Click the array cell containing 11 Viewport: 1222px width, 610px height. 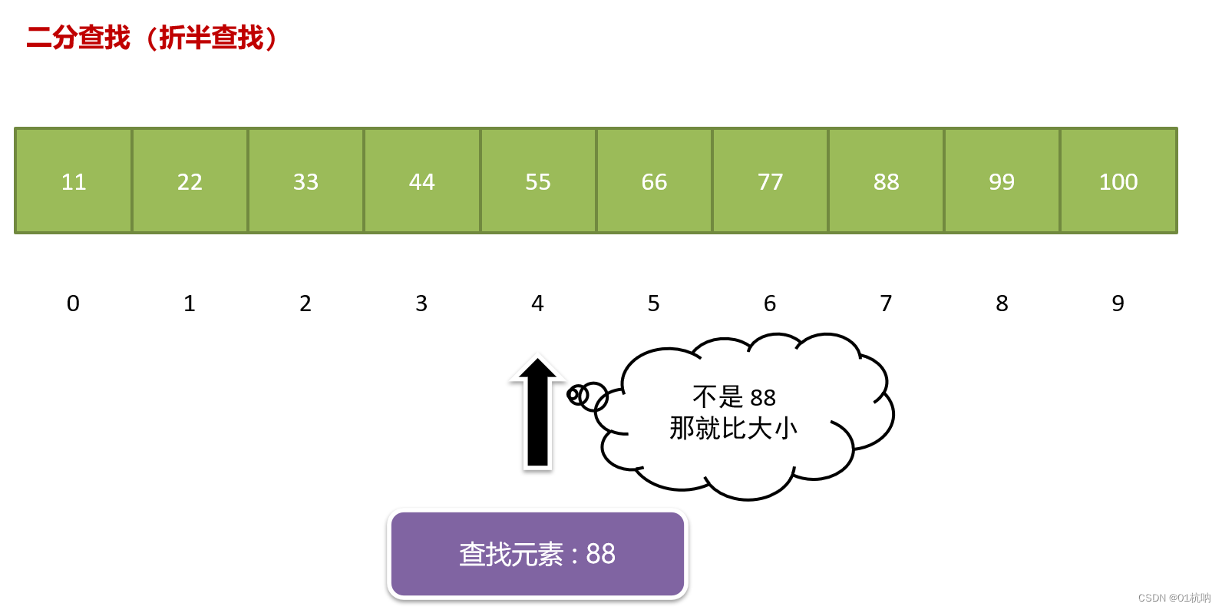coord(74,181)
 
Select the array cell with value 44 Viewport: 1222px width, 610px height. coord(421,181)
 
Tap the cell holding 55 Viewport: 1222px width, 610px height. coord(538,181)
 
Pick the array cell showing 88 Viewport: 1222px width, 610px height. coord(886,181)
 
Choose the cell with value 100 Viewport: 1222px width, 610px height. coord(1118,181)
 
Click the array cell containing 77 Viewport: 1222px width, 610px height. coord(770,181)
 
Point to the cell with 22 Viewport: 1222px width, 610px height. coord(190,181)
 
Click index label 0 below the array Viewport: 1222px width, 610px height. coord(73,303)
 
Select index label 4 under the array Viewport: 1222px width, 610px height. coord(537,303)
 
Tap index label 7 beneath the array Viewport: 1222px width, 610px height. coord(886,303)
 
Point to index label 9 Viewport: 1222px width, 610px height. coord(1118,303)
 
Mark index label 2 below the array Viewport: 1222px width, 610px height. coord(305,303)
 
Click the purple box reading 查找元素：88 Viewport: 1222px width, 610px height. coord(537,554)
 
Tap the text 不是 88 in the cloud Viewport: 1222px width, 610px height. coord(734,397)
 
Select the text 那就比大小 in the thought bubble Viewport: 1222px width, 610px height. coord(733,428)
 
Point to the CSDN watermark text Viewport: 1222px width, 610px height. coord(1174,598)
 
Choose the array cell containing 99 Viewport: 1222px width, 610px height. coord(1002,181)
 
